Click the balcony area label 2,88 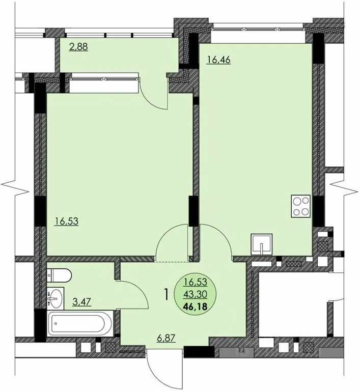pos(78,47)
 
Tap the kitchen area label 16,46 pos(218,60)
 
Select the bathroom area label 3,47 pos(81,302)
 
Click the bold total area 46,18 pos(195,306)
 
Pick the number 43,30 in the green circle pos(195,294)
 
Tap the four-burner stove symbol pos(300,207)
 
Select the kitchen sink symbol pos(261,244)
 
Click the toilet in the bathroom pos(59,275)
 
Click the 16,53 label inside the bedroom pos(67,221)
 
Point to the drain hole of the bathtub pos(56,323)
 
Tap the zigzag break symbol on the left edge pos(15,188)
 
